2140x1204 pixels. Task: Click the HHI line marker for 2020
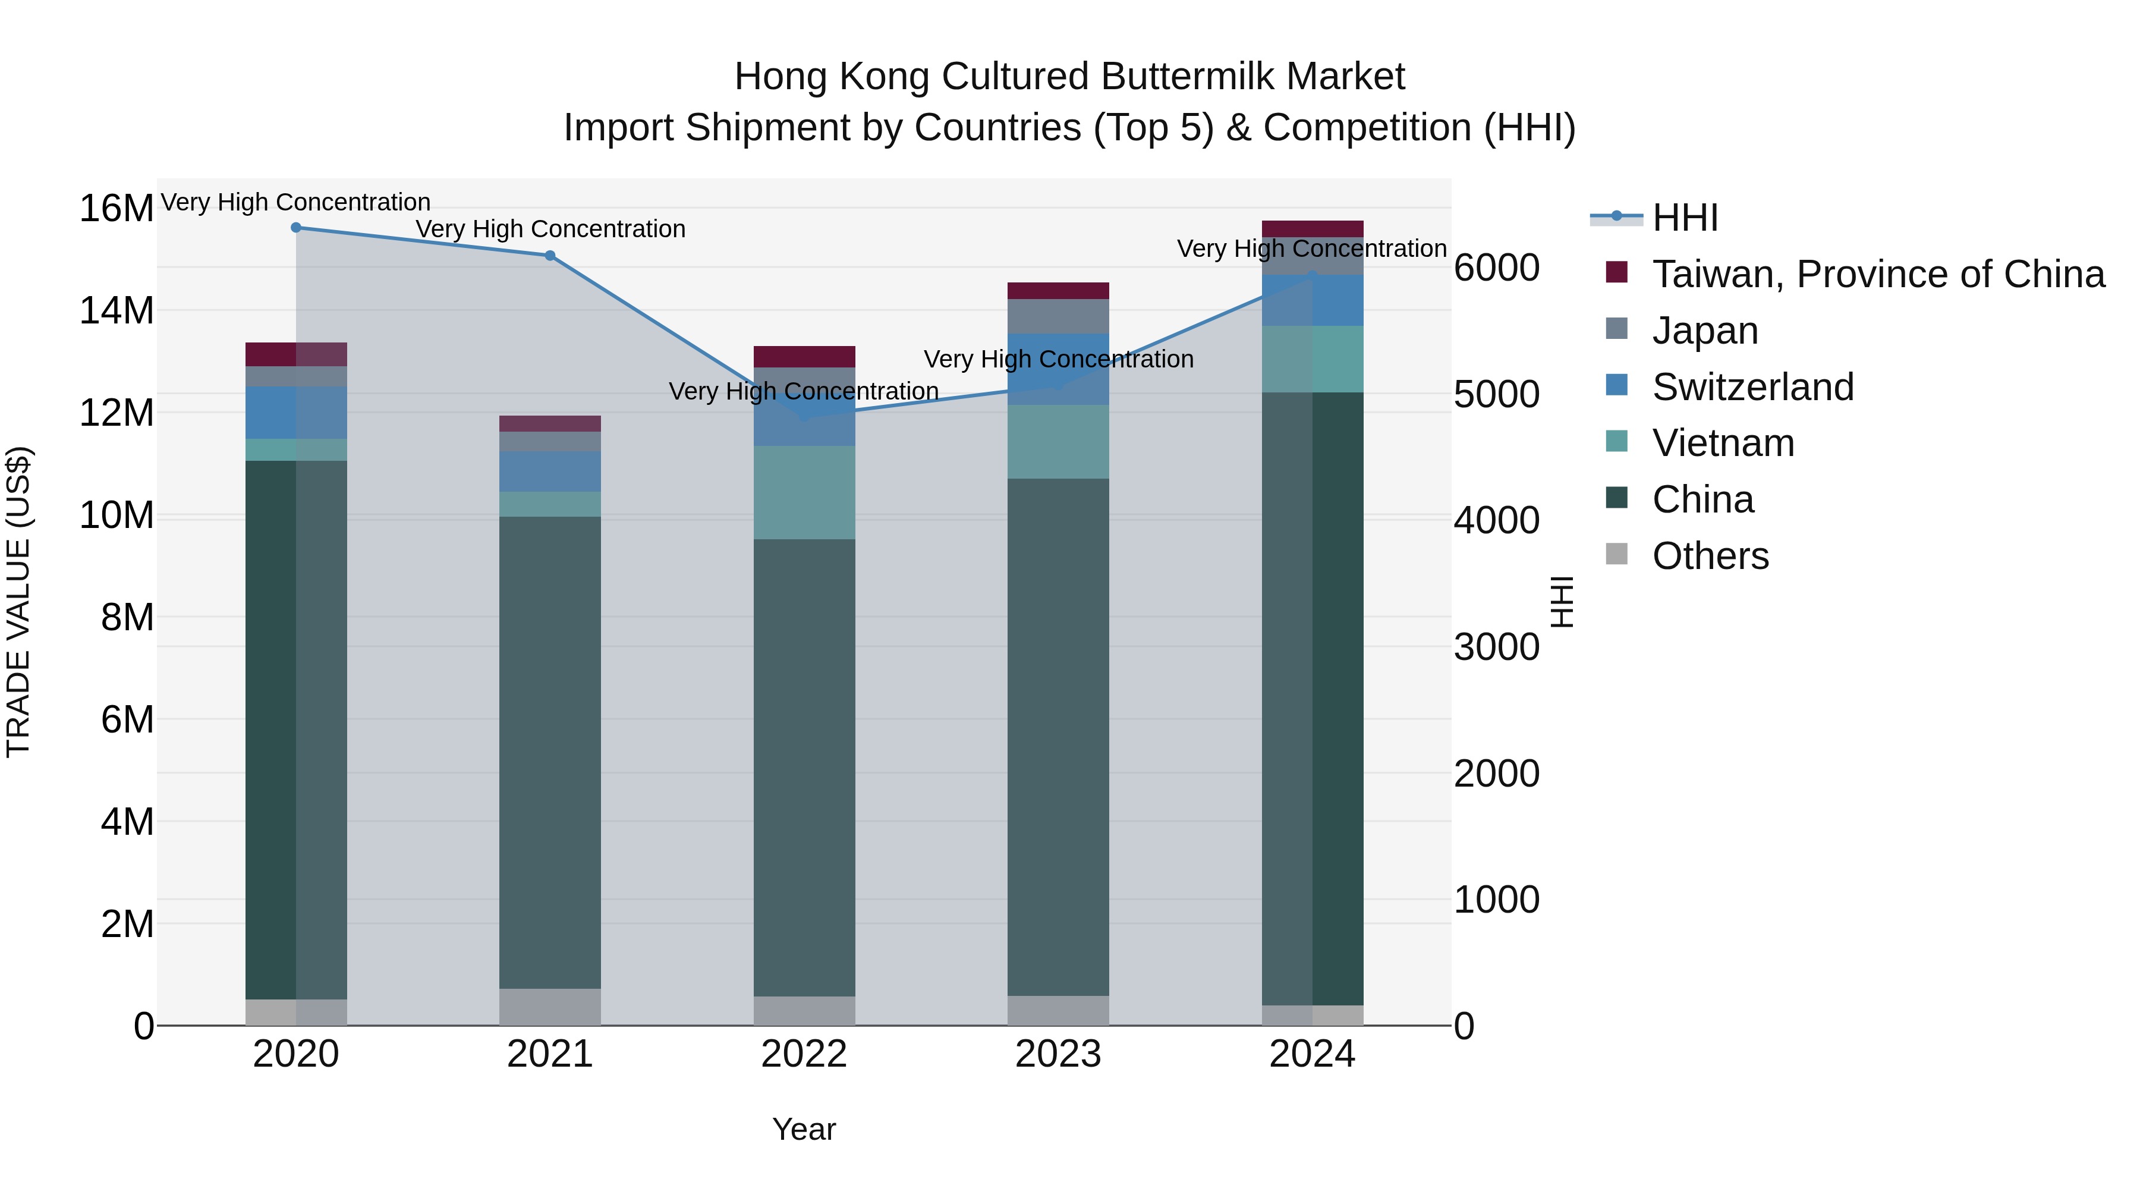click(296, 228)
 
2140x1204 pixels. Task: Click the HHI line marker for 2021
click(550, 256)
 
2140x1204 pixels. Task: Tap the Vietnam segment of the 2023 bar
click(1058, 441)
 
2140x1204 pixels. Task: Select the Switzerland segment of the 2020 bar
click(296, 412)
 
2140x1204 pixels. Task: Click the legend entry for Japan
click(1705, 331)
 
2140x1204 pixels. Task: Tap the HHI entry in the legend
click(1685, 218)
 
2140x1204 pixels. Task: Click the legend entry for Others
click(1710, 556)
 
